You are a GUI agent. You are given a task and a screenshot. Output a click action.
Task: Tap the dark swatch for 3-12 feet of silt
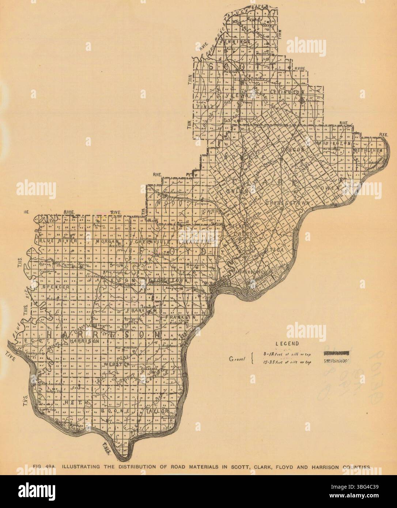(x=336, y=353)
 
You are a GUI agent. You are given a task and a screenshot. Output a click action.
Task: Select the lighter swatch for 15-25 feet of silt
(x=336, y=361)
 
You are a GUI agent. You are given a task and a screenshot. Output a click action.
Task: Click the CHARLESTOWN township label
(x=288, y=202)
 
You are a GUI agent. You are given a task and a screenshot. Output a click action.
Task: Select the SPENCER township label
(x=56, y=287)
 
